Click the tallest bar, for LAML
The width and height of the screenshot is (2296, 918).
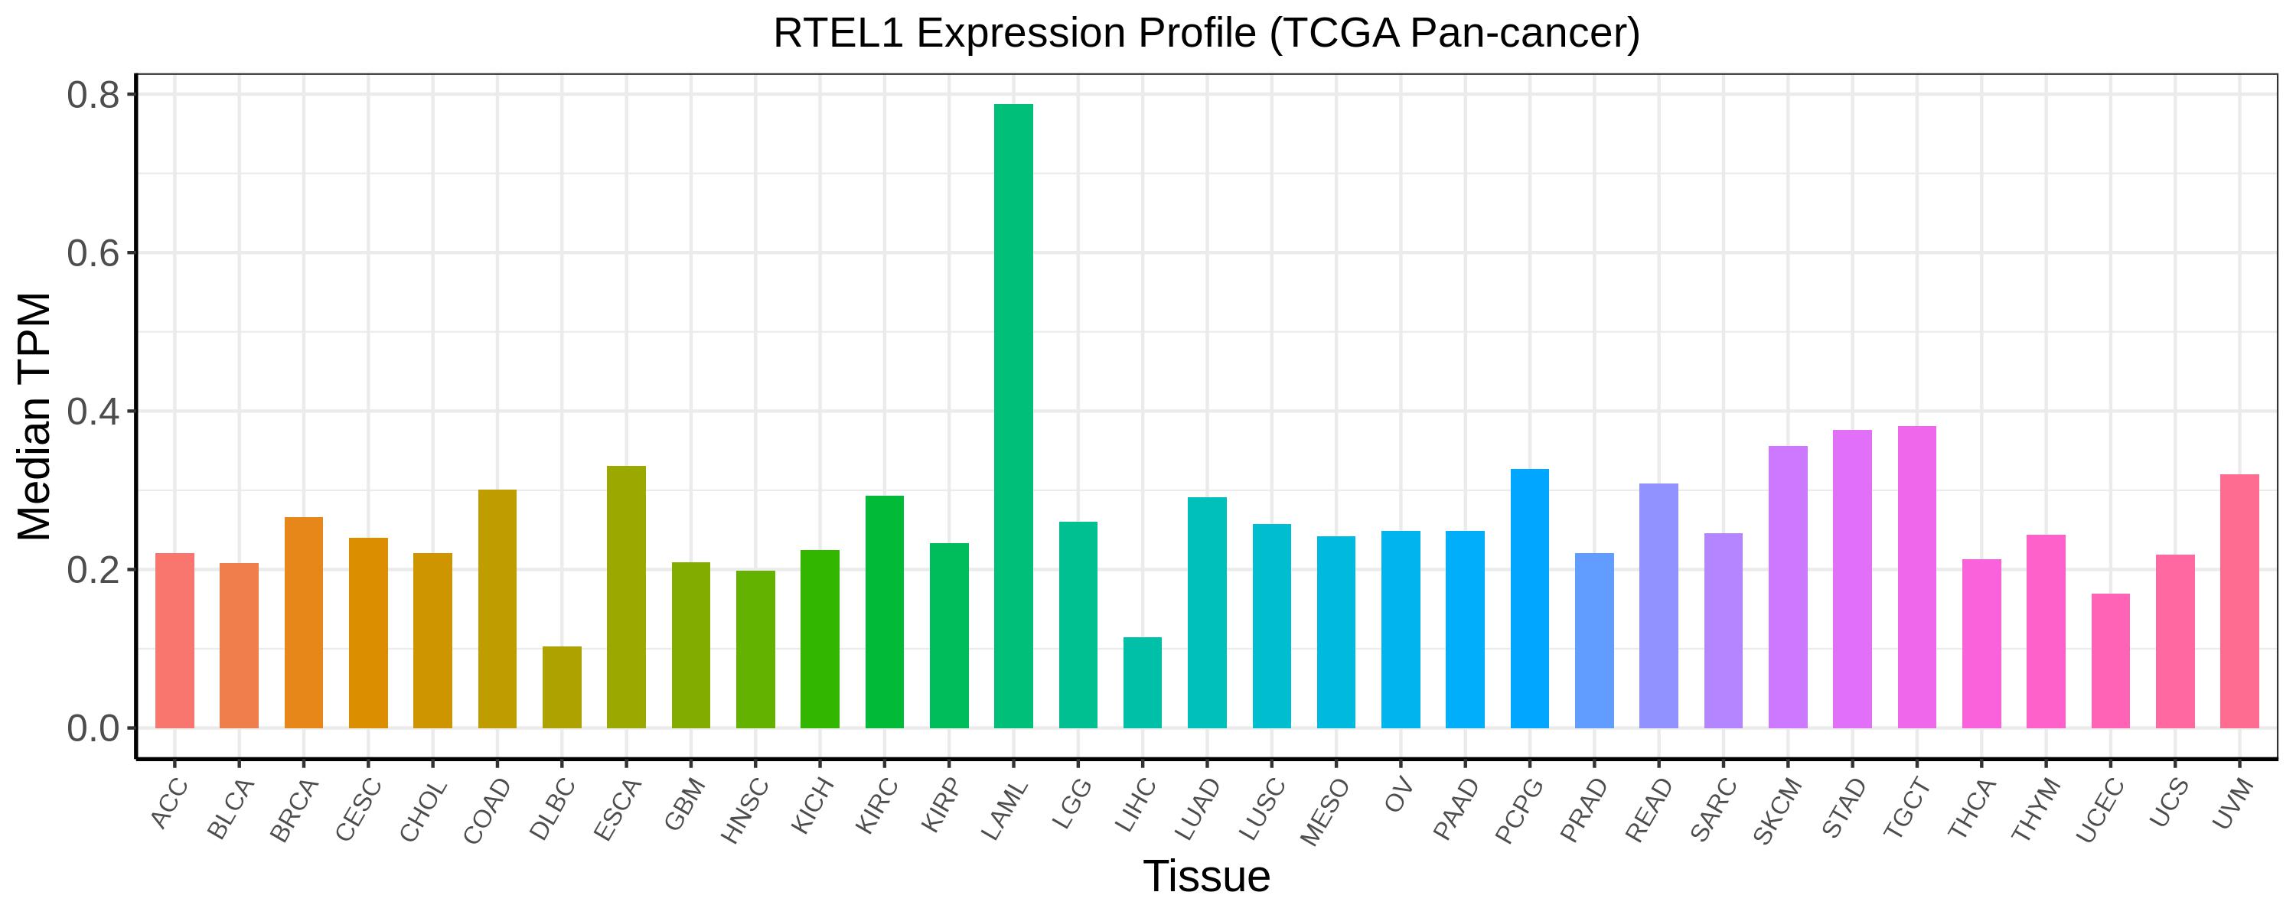coord(1013,416)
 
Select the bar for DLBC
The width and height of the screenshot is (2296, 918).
coord(562,687)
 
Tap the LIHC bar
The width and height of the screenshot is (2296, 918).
coord(1143,682)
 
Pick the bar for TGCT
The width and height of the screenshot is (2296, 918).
coord(1917,578)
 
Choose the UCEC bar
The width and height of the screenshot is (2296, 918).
coord(2111,661)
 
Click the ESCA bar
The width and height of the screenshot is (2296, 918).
coord(627,597)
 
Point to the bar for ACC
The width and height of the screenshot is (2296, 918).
coord(174,641)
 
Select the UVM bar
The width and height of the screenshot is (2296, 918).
coord(2240,601)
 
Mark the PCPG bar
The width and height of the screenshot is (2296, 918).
coord(1529,599)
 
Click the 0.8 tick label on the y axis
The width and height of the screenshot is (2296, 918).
coord(93,96)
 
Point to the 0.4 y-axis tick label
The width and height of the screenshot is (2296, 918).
coord(93,412)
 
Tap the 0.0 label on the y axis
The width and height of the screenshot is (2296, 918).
coord(93,728)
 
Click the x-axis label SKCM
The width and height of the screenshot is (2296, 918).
coord(1777,811)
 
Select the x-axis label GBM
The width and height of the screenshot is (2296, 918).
coord(686,804)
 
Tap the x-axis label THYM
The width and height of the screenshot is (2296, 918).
coord(2037,810)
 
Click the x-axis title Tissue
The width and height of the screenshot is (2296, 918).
coord(1207,876)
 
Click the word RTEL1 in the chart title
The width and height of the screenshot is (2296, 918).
coord(838,34)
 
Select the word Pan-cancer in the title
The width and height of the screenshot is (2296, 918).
coord(1525,34)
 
